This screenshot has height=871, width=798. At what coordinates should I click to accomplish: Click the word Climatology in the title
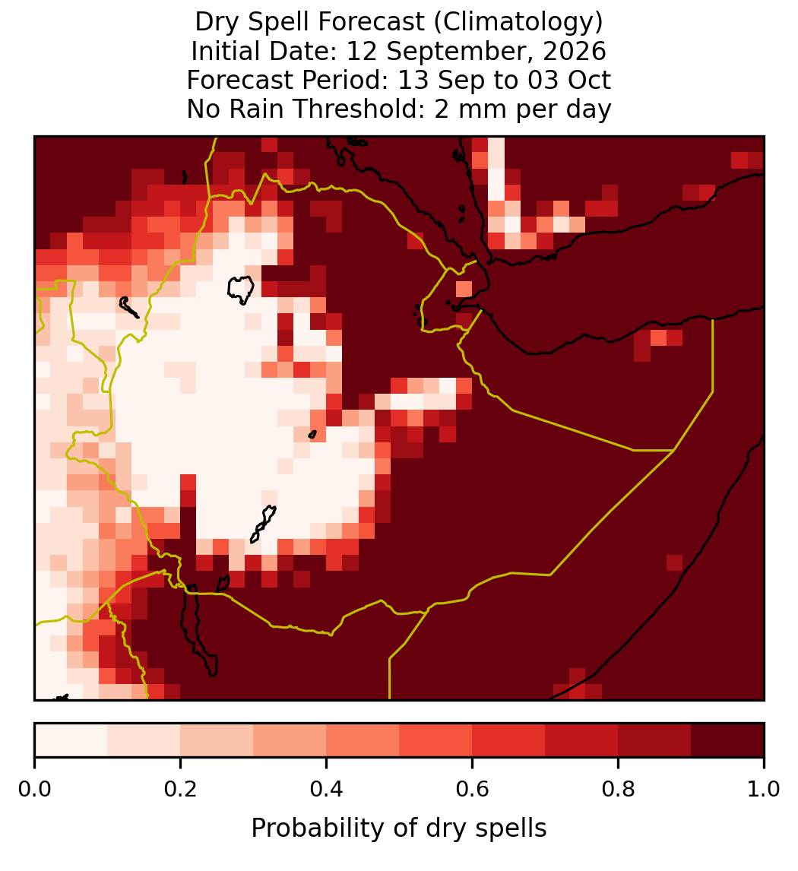[x=518, y=22]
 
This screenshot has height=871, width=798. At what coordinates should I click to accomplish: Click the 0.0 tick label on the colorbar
[x=34, y=789]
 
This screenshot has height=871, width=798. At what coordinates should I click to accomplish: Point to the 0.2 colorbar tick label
[x=180, y=789]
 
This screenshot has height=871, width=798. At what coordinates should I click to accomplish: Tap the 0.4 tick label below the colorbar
[x=327, y=789]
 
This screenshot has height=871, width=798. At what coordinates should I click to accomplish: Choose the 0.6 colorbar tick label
[x=473, y=789]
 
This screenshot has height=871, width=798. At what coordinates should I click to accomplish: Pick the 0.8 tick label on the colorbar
[x=618, y=789]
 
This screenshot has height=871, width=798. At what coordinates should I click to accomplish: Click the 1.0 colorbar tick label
[x=764, y=789]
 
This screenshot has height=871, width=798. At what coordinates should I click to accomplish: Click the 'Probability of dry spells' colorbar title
[x=399, y=828]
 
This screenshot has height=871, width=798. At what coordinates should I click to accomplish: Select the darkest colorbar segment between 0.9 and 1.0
[x=727, y=740]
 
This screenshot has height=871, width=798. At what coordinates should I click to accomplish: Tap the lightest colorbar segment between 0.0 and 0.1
[x=71, y=740]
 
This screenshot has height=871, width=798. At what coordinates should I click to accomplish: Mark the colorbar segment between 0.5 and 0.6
[x=436, y=740]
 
